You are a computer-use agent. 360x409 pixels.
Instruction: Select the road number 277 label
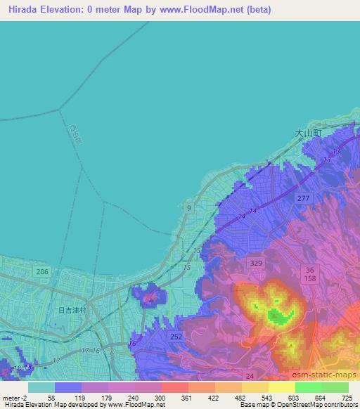(x=303, y=200)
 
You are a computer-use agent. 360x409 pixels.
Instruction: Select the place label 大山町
(x=307, y=131)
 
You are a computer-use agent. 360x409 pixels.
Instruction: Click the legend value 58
(x=54, y=398)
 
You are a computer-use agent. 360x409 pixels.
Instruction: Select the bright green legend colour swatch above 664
(x=309, y=387)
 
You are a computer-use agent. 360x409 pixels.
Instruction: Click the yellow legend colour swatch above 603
(x=282, y=387)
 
